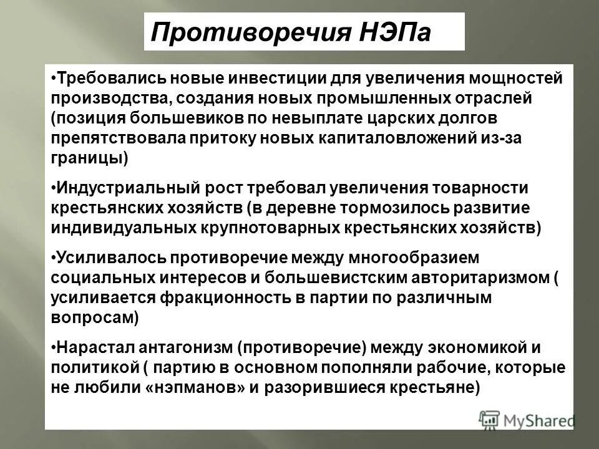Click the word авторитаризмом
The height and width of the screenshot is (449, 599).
tap(463, 278)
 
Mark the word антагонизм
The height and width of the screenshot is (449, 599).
tap(175, 347)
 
